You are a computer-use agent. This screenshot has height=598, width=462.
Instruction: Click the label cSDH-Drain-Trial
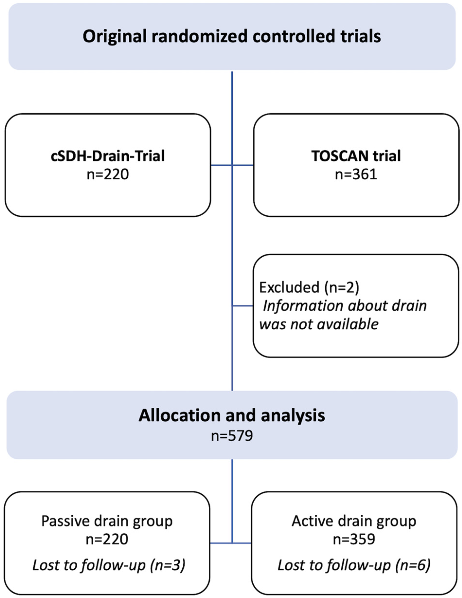[x=108, y=156]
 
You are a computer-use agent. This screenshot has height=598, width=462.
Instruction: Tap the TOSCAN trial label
[x=356, y=156]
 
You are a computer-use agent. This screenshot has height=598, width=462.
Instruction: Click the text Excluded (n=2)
[x=309, y=288]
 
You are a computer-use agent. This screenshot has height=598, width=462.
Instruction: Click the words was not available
[x=319, y=324]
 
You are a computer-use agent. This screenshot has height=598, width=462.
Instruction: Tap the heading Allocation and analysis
[x=232, y=415]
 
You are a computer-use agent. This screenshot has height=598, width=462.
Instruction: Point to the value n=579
[x=232, y=436]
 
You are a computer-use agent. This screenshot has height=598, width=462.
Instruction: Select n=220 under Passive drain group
[x=107, y=539]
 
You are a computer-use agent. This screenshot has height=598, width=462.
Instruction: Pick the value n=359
[x=354, y=539]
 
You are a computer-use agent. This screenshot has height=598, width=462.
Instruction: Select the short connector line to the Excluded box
[x=242, y=306]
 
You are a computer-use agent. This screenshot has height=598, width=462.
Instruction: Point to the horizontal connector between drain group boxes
[x=241, y=543]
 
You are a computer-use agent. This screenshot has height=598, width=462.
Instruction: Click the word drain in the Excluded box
[x=409, y=306]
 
